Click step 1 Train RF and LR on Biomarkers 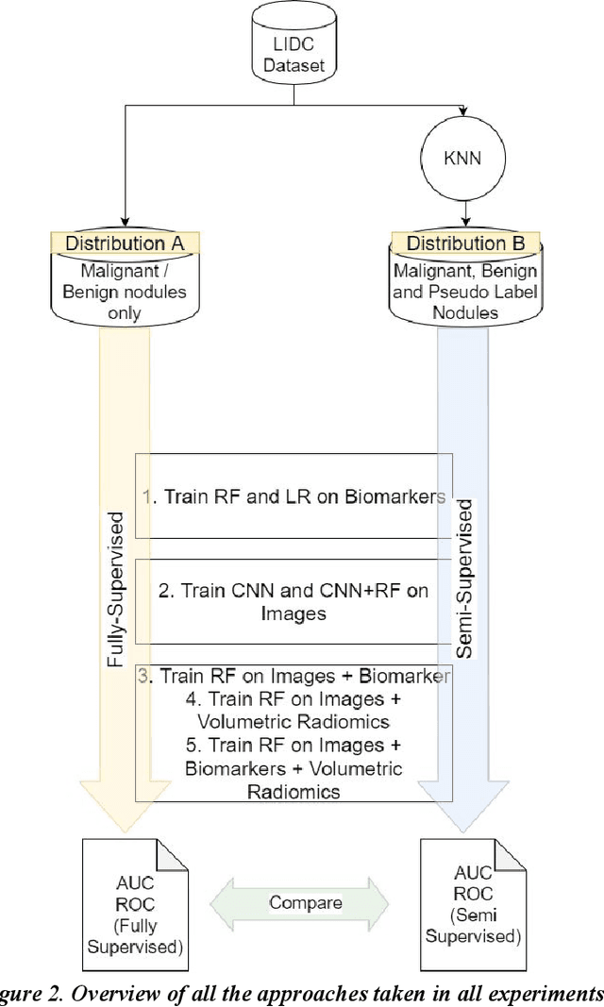294,496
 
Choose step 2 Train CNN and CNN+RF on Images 294,602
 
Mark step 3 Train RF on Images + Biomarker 294,677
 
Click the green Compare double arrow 305,903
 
